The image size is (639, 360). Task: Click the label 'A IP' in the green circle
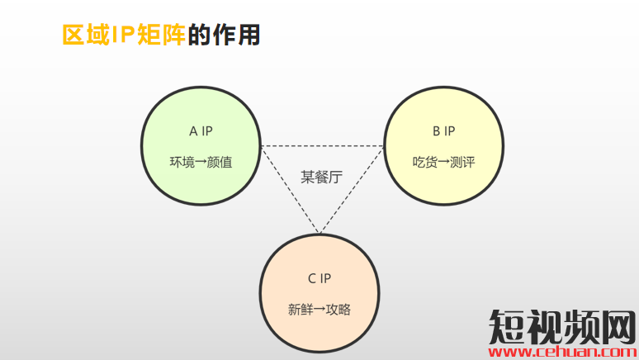(x=201, y=131)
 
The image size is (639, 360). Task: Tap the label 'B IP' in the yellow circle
(x=444, y=131)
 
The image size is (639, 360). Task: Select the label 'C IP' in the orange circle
(x=319, y=278)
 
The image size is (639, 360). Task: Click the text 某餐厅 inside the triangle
(x=321, y=177)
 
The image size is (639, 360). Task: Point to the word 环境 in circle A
(x=182, y=163)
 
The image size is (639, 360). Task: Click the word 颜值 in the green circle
(x=220, y=163)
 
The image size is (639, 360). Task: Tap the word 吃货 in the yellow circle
(x=425, y=163)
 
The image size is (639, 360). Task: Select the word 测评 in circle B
(x=462, y=163)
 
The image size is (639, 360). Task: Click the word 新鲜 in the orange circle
(x=301, y=310)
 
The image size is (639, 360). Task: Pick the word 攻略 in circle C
(x=338, y=310)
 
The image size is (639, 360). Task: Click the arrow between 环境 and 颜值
(x=201, y=163)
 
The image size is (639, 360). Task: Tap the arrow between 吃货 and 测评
(x=444, y=163)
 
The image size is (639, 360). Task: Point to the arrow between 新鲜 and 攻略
(x=319, y=310)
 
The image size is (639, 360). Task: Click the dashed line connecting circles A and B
(x=322, y=146)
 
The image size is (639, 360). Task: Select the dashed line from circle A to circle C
(x=291, y=190)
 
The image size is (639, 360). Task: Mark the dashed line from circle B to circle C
(x=352, y=190)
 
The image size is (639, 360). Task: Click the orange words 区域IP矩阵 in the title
(x=124, y=35)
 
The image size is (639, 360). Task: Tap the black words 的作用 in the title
(x=224, y=35)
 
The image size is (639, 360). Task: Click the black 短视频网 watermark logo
(x=562, y=327)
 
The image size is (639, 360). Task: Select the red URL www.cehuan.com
(x=562, y=352)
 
